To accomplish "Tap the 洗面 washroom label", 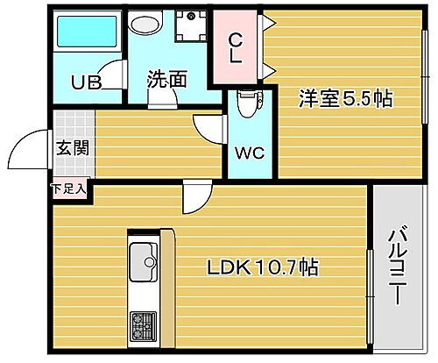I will coord(166,79).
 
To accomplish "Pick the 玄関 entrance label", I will coord(71,146).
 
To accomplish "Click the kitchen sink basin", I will coord(142,260).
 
